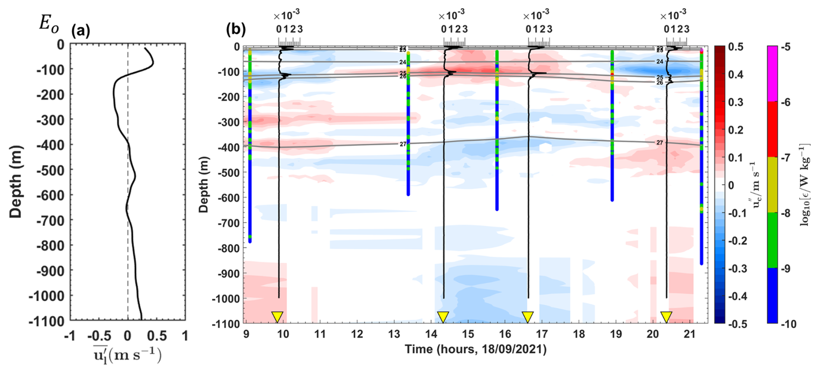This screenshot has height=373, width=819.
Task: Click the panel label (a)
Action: point(81,31)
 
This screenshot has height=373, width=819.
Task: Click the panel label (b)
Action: point(236,29)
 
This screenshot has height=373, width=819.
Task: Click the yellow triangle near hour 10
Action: point(277,316)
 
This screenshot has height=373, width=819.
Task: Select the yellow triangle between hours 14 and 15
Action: point(443,316)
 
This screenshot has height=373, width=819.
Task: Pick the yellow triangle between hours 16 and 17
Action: point(527,316)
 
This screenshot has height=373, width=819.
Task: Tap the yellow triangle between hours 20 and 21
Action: point(666,316)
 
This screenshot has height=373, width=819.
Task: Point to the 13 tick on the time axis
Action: point(394,334)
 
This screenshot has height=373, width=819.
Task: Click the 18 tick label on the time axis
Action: point(579,334)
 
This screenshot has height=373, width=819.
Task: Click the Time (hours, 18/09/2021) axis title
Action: point(475,349)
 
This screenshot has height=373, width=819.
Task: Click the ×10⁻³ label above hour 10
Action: point(286,16)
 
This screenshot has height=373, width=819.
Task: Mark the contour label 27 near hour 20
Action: point(660,143)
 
